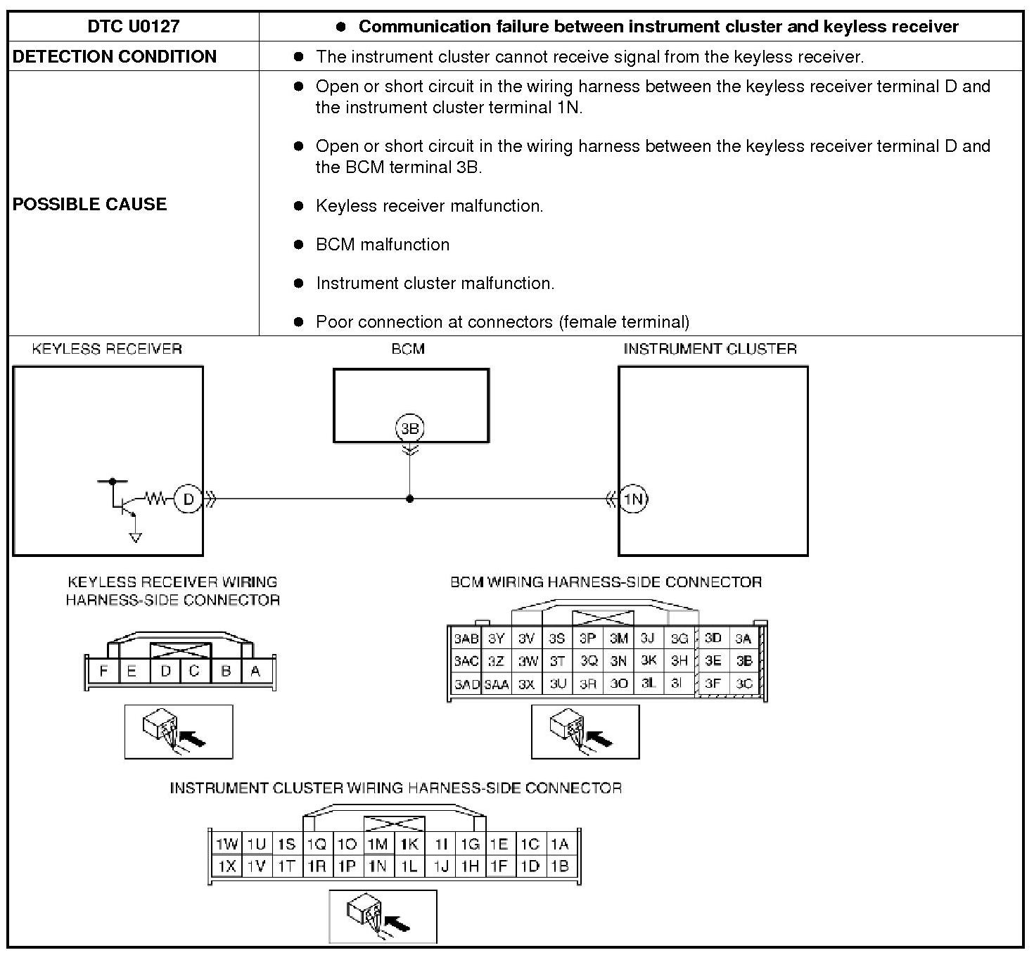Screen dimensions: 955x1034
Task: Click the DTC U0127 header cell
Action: click(133, 27)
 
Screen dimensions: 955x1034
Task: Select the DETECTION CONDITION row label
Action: click(115, 56)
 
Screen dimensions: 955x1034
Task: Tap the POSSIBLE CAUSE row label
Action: click(90, 204)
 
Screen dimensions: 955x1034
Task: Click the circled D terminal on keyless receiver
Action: click(188, 499)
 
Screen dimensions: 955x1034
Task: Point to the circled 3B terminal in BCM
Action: click(409, 428)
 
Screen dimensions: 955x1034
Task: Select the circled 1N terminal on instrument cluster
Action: click(633, 499)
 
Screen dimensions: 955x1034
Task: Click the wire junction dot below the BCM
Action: click(409, 499)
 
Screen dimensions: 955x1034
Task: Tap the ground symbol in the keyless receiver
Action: click(135, 538)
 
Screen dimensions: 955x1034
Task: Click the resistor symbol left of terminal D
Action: click(155, 499)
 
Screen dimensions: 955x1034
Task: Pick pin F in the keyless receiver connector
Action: click(103, 671)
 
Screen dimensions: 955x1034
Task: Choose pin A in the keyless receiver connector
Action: click(255, 671)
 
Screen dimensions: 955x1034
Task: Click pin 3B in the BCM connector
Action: click(743, 661)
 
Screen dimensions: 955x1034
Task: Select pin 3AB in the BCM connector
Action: click(466, 639)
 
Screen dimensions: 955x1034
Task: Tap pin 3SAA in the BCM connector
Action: click(497, 684)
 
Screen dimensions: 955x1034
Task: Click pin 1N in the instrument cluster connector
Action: click(378, 866)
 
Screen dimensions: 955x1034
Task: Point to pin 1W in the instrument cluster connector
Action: click(226, 844)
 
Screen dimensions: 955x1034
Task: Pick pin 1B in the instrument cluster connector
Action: click(560, 866)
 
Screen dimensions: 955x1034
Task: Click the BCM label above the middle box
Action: click(408, 349)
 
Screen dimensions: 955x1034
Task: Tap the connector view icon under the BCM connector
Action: click(585, 732)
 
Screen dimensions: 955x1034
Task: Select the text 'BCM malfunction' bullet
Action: click(383, 245)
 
